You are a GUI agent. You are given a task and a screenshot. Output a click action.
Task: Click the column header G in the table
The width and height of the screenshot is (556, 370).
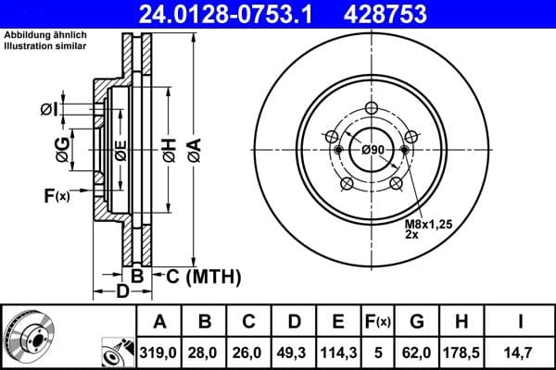(417, 322)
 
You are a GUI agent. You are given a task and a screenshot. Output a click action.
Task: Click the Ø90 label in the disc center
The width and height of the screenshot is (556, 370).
(373, 151)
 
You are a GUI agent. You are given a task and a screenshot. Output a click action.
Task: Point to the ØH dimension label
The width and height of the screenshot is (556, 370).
(169, 149)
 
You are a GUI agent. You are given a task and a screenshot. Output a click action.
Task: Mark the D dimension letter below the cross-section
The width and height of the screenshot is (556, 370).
(124, 292)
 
